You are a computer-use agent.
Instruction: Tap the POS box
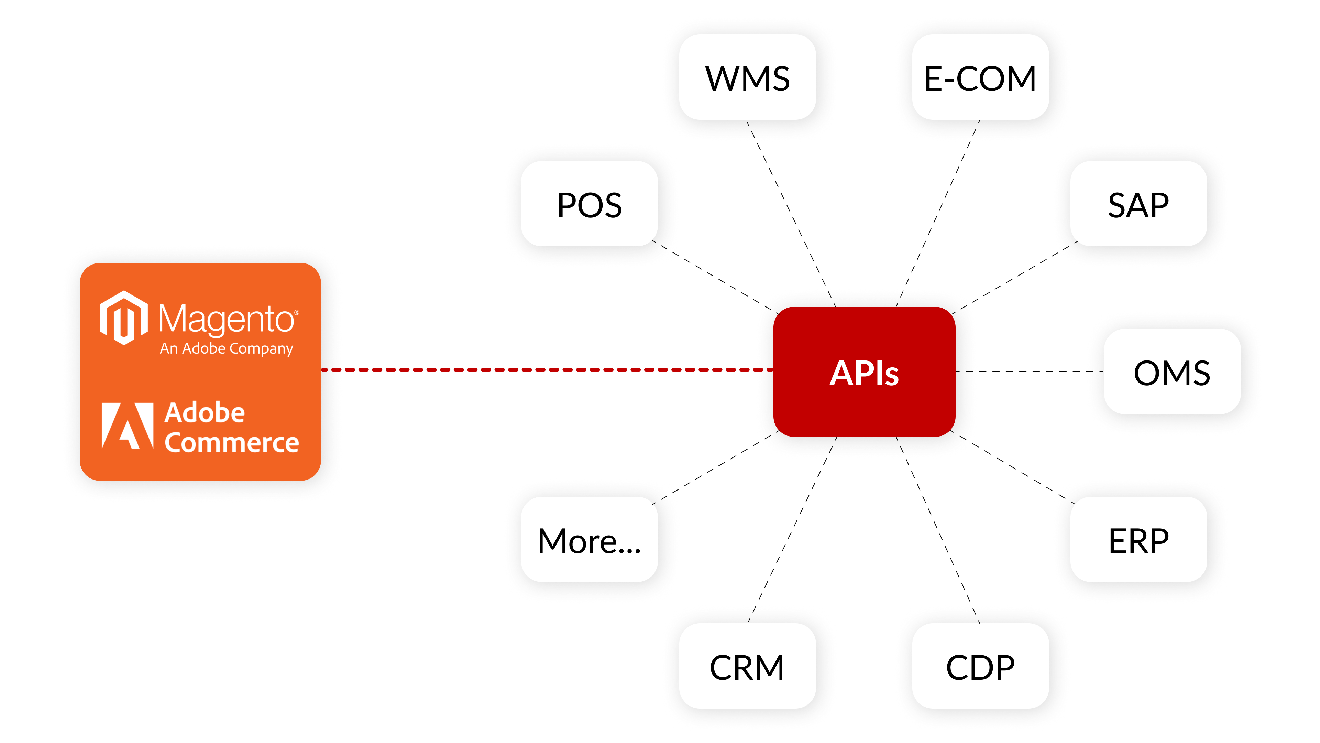pyautogui.click(x=589, y=204)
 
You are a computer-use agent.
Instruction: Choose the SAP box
pyautogui.click(x=1138, y=204)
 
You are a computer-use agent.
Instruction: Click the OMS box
pyautogui.click(x=1172, y=372)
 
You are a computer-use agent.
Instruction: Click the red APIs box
pyautogui.click(x=864, y=372)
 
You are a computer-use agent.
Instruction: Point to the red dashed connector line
pyautogui.click(x=548, y=369)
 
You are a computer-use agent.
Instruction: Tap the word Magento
pyautogui.click(x=225, y=319)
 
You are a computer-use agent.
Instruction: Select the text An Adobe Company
pyautogui.click(x=226, y=349)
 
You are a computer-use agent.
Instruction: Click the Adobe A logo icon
pyautogui.click(x=128, y=426)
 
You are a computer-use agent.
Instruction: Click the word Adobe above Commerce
pyautogui.click(x=205, y=413)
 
